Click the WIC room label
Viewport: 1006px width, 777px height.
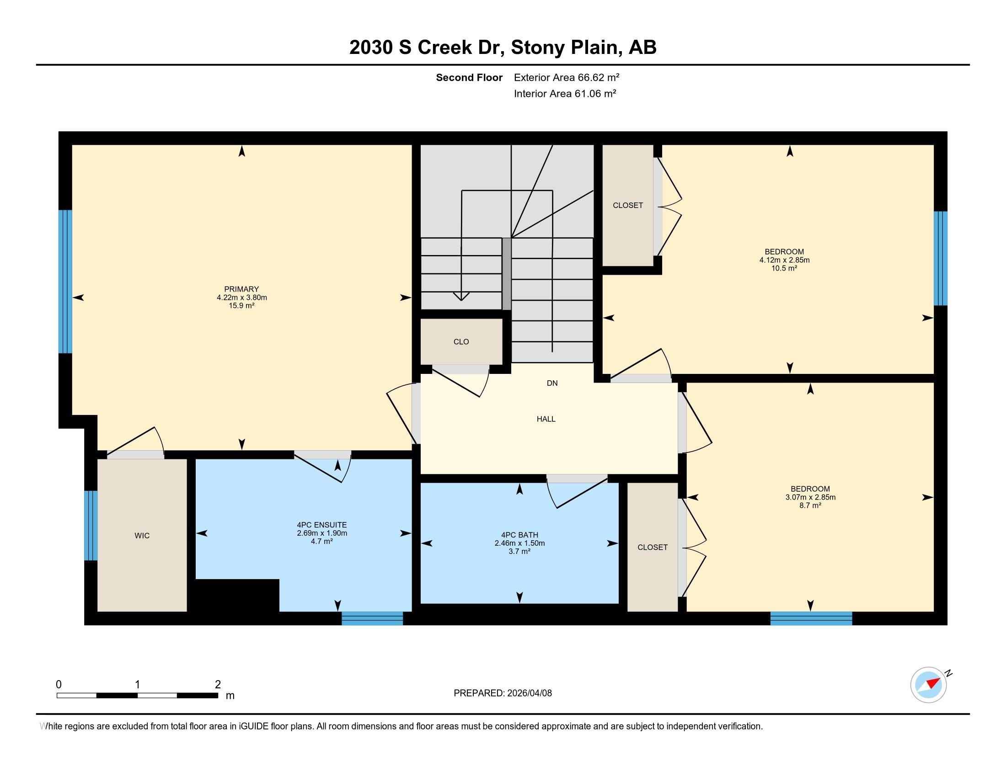(142, 536)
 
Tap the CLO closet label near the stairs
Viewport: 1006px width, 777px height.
(461, 341)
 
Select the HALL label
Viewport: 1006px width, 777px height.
(546, 419)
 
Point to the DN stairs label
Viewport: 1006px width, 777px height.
(552, 383)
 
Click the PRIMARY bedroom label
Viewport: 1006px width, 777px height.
(241, 289)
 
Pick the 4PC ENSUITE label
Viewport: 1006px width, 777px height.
(321, 525)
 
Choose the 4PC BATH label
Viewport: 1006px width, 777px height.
(519, 535)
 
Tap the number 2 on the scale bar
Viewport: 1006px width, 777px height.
(218, 685)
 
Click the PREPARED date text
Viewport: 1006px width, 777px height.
(503, 693)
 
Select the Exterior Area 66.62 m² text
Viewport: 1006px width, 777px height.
(567, 77)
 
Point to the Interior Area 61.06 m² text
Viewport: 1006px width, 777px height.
(565, 93)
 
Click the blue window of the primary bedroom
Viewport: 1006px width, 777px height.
(65, 282)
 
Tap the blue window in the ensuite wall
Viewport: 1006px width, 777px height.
(372, 618)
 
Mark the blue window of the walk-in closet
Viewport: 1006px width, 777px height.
(91, 525)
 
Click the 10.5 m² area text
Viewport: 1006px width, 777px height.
(784, 268)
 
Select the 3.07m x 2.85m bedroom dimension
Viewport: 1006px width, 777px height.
(810, 497)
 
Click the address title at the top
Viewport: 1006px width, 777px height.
(503, 47)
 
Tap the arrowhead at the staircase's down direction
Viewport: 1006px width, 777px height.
(461, 297)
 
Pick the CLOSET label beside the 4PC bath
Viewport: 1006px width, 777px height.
(652, 547)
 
